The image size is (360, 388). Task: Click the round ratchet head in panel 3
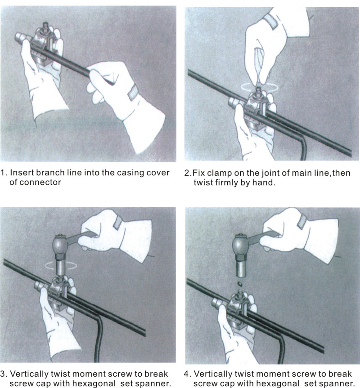point(60,245)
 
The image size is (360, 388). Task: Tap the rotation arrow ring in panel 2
point(260,87)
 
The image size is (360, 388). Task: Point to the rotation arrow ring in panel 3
point(61,266)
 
